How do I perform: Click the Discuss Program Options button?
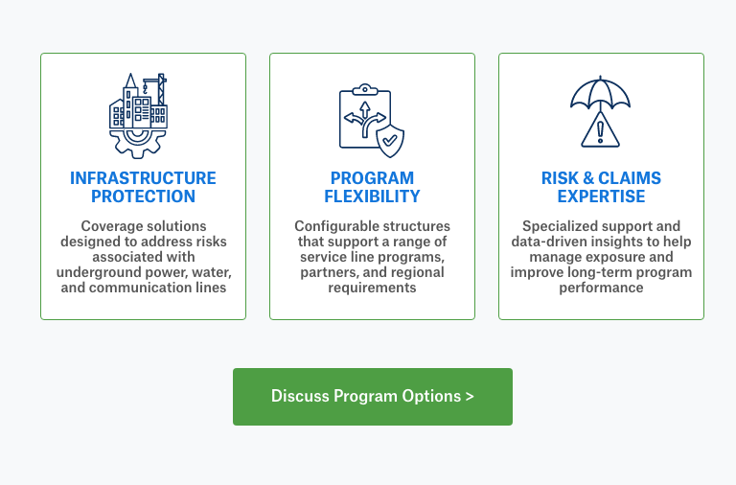(372, 397)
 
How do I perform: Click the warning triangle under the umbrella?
(601, 130)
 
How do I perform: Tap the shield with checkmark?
(389, 140)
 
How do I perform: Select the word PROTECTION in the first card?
(143, 196)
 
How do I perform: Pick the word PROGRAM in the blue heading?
(372, 178)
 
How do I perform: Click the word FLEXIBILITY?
(372, 196)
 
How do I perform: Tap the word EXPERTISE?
(601, 196)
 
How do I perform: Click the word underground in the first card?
(99, 272)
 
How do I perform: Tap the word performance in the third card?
(601, 288)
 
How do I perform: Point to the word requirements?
(372, 288)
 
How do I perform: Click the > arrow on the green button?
(469, 397)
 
